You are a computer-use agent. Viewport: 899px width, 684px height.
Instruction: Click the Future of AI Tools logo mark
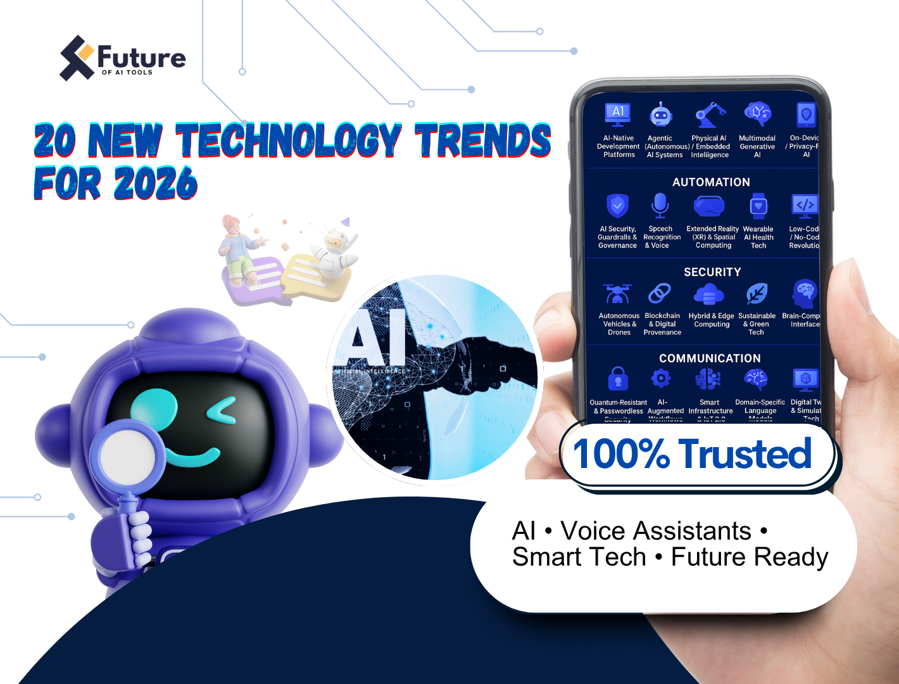(x=77, y=58)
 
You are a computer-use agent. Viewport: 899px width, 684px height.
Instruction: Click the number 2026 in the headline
(x=156, y=184)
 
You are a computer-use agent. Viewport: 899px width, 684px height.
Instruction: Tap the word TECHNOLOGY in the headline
(x=289, y=140)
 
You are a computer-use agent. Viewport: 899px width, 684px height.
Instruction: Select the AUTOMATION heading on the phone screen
(x=711, y=182)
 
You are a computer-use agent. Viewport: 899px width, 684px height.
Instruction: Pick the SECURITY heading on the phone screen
(x=712, y=272)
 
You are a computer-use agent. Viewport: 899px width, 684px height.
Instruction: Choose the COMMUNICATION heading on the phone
(x=710, y=358)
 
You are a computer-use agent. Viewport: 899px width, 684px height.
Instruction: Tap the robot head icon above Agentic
(x=661, y=115)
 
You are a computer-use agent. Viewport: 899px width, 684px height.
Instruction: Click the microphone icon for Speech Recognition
(x=660, y=205)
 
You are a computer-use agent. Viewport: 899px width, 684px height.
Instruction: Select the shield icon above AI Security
(x=617, y=206)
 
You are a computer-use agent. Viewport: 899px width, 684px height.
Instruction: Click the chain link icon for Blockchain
(x=660, y=294)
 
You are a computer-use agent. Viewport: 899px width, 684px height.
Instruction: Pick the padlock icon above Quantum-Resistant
(x=618, y=379)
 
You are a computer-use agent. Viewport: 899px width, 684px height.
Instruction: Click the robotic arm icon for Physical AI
(x=710, y=115)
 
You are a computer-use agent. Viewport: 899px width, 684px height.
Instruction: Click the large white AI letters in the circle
(x=377, y=339)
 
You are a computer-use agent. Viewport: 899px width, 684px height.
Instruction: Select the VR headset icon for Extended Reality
(x=709, y=206)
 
